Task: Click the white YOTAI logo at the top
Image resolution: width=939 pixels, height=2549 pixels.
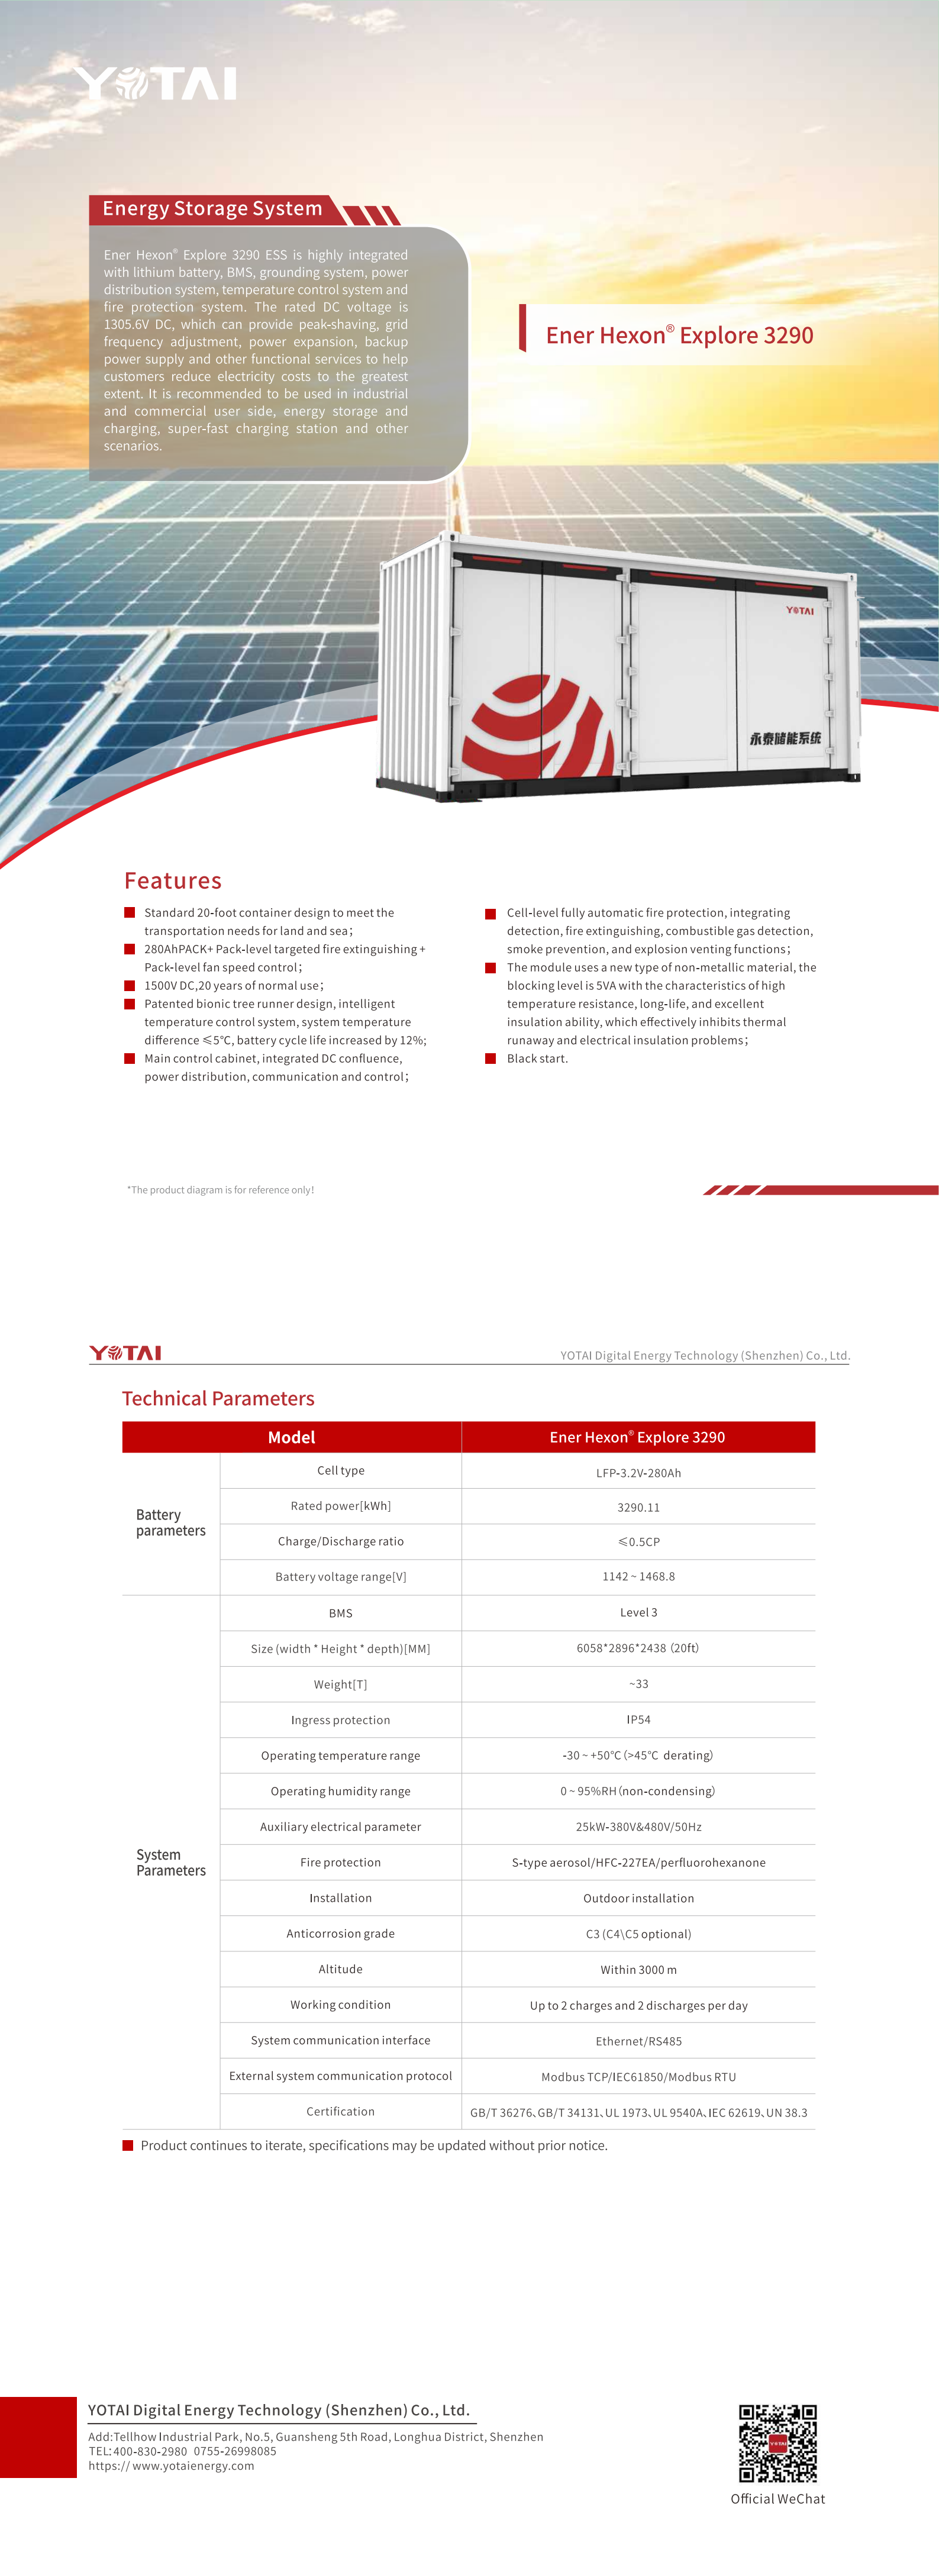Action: point(156,84)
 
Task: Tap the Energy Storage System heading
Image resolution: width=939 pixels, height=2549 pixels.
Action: point(213,209)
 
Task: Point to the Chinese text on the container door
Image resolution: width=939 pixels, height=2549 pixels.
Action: point(785,738)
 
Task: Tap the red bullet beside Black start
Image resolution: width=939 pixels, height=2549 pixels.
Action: point(490,1058)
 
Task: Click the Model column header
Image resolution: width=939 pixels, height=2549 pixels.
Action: point(291,1437)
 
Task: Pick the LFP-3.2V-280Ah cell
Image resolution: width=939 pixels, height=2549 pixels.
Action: point(638,1472)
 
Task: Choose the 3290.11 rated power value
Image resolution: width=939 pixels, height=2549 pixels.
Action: point(638,1507)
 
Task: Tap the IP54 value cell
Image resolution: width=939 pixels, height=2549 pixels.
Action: point(638,1720)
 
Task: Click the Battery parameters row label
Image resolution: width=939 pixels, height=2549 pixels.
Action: point(170,1523)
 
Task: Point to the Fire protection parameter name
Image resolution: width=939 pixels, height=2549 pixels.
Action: point(340,1862)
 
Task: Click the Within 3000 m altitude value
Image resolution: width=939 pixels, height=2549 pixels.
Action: point(638,1969)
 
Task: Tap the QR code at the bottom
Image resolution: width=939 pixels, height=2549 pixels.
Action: point(777,2443)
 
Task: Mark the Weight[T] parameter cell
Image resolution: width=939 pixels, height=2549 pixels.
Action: point(340,1684)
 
